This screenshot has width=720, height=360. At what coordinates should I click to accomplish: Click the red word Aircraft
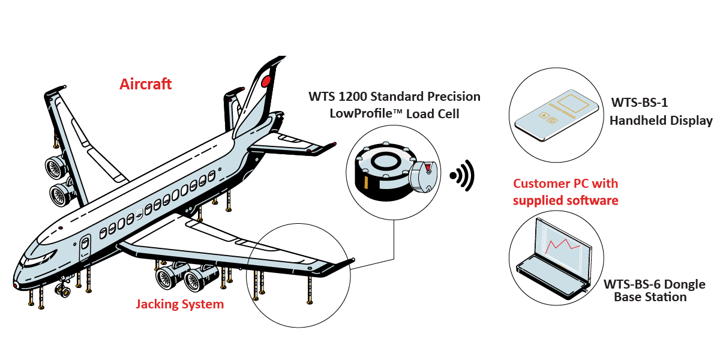tap(146, 84)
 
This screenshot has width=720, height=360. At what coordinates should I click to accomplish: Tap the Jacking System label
tap(179, 304)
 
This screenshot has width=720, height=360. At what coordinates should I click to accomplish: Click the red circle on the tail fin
tap(266, 80)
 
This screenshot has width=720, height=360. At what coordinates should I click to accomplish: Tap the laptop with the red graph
tap(553, 259)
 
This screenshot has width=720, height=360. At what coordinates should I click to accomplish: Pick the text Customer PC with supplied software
tap(565, 192)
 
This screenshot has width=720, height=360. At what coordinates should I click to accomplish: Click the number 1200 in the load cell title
tap(349, 96)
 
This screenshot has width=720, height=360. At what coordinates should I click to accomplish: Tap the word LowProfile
tap(359, 113)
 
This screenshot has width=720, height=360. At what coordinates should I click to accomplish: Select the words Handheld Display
tap(661, 121)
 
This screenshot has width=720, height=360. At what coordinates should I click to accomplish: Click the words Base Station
tap(650, 297)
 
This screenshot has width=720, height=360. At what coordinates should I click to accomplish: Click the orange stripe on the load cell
tap(365, 180)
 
